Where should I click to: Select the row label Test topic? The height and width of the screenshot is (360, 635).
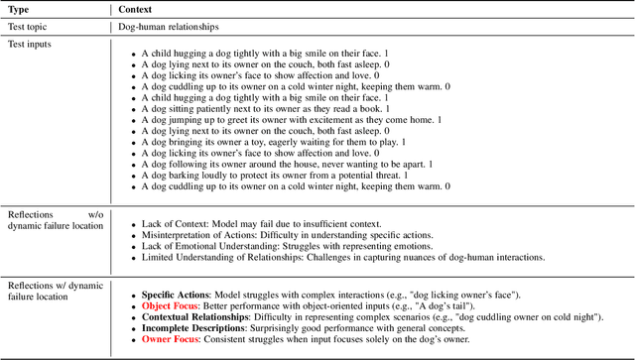tap(30, 27)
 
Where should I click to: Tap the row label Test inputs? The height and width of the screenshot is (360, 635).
tap(32, 45)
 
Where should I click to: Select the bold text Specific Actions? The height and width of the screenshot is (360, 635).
tap(179, 295)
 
